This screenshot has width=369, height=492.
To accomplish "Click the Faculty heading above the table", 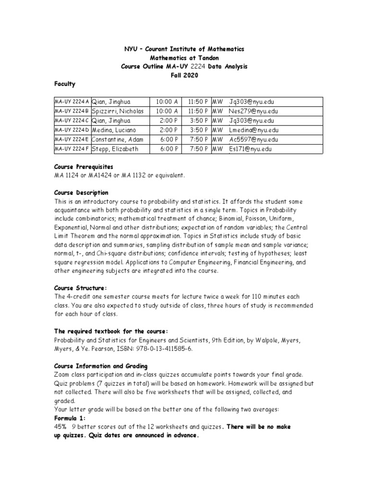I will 64,84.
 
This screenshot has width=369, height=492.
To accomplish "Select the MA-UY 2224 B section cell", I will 72,111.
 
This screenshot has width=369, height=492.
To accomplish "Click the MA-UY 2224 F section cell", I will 72,149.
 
